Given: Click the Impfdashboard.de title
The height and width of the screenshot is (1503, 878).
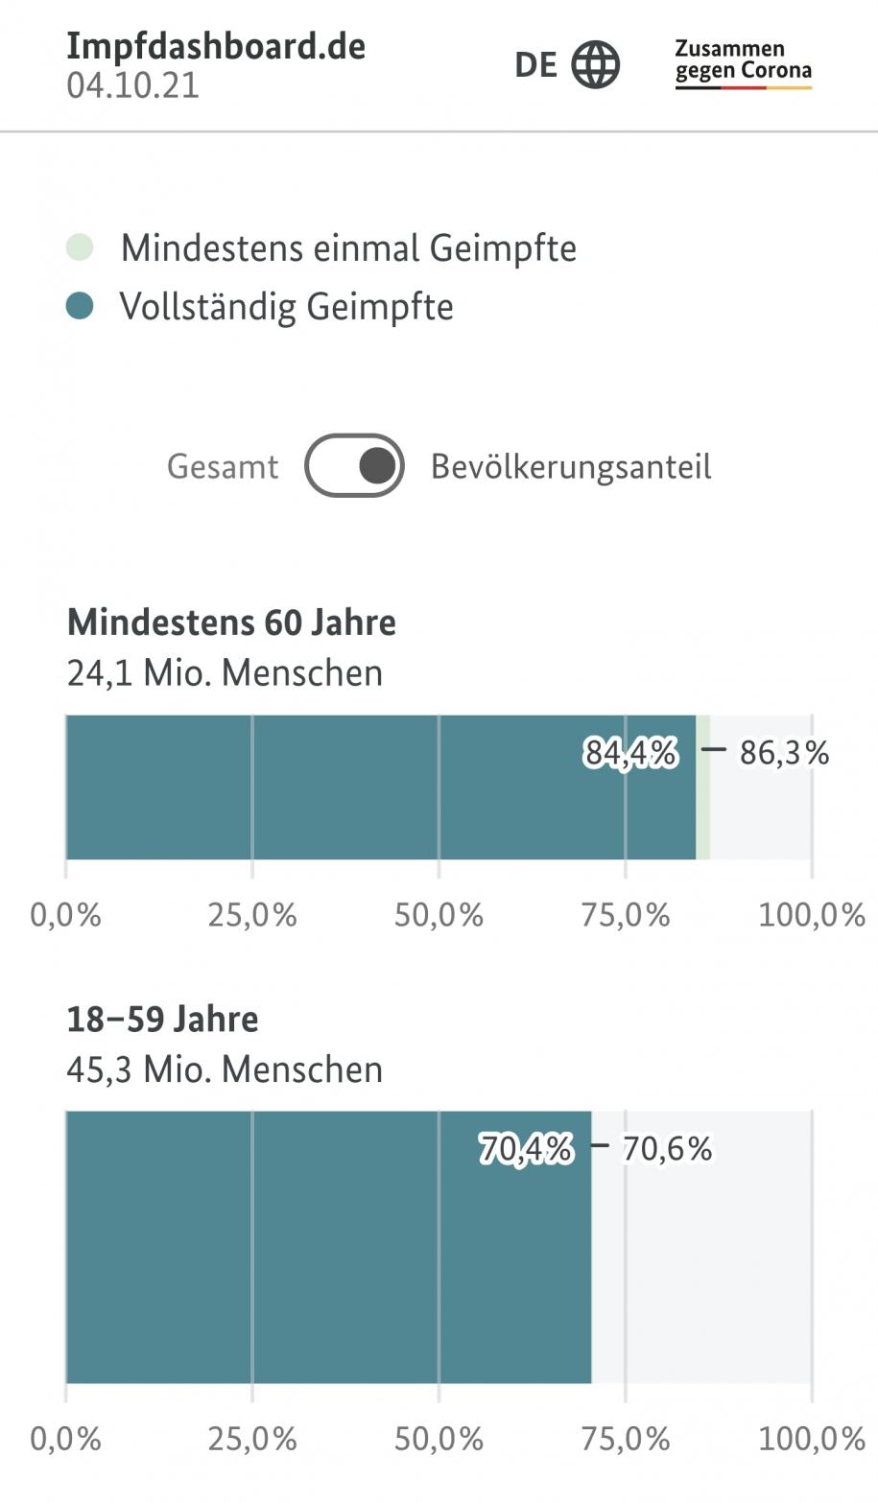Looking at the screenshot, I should [216, 46].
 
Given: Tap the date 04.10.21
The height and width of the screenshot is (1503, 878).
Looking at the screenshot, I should [133, 86].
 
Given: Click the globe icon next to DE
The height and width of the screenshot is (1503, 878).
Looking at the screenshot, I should [596, 65].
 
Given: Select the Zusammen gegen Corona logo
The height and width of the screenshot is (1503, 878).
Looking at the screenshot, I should [743, 63].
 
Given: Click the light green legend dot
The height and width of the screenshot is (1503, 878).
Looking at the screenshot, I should [81, 247].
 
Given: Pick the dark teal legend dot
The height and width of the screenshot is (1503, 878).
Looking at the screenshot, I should [81, 307].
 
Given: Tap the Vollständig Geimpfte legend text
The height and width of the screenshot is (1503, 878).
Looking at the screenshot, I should [286, 307].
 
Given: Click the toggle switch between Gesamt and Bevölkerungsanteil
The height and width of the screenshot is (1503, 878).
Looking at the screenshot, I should [354, 466].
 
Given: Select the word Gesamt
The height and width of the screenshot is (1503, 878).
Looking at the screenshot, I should [223, 467].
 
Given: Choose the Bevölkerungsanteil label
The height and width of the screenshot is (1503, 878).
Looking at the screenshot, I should [571, 467].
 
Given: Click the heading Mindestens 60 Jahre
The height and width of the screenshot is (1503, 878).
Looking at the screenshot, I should [231, 622].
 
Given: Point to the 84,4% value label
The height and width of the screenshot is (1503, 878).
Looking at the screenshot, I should [630, 754].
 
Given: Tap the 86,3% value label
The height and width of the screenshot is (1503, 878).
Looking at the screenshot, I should [784, 754].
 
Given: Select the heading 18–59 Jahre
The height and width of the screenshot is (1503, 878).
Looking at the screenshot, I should [162, 1019].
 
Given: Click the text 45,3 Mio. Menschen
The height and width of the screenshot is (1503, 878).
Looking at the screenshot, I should [225, 1069].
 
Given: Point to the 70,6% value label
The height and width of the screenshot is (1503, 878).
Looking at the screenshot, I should [667, 1148].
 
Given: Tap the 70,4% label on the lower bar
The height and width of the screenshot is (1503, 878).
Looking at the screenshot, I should [526, 1148].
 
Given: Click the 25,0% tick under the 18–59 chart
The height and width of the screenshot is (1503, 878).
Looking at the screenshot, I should [252, 1440].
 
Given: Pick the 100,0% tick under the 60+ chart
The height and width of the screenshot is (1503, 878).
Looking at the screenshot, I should [812, 915].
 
